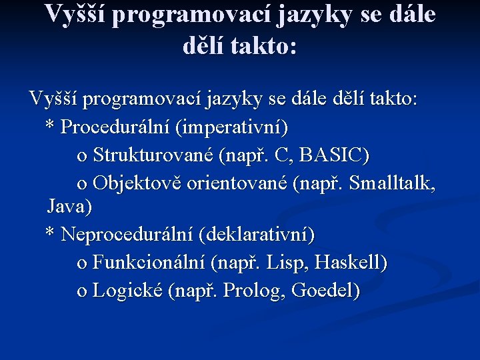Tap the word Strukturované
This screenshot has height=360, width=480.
153,155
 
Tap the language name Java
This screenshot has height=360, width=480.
69,207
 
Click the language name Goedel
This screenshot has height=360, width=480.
326,291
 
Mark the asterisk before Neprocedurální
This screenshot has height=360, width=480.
49,233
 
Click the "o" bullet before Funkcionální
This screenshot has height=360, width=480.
82,264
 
